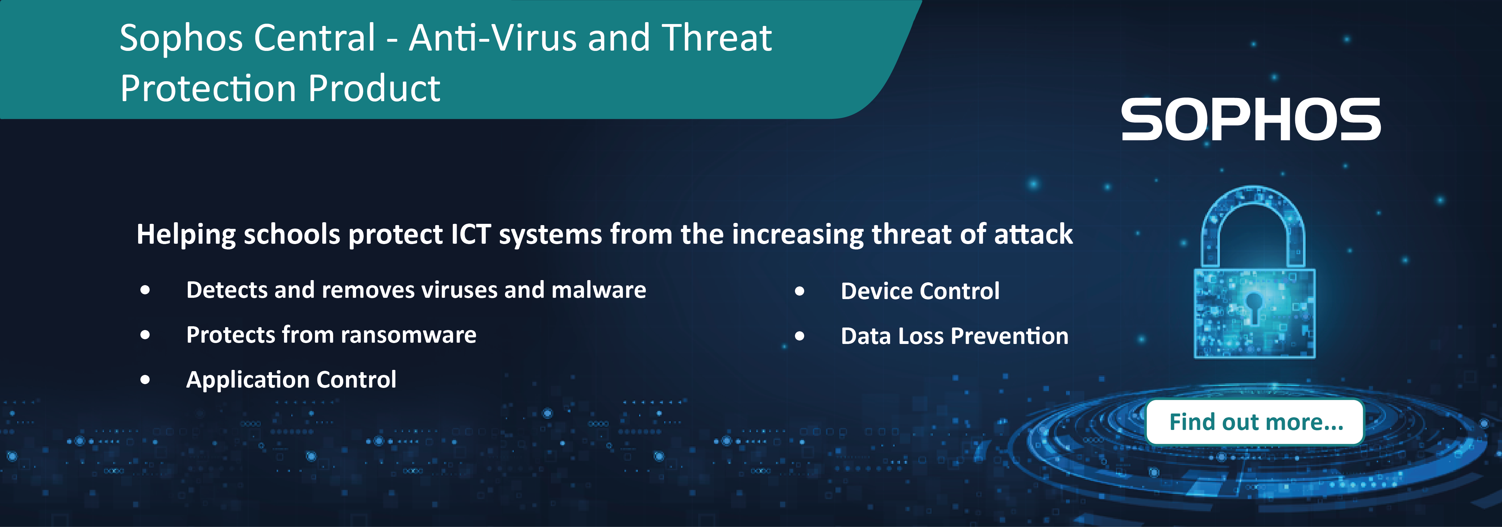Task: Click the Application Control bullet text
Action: click(291, 379)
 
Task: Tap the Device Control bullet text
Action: click(920, 291)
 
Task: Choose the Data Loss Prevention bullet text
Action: click(955, 336)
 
